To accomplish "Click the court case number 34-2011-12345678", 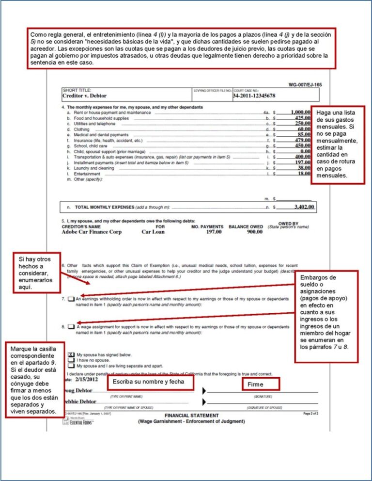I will (254, 96).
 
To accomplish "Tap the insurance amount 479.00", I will (302, 140).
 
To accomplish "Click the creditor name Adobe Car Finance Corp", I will (92, 232).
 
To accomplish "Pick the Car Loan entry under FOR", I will (153, 232).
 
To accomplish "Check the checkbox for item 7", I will (71, 299).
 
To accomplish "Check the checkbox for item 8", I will (71, 327).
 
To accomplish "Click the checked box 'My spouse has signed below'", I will (71, 354).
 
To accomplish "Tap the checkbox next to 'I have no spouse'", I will (71, 360).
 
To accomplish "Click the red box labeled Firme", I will (260, 385).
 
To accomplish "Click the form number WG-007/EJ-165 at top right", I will (305, 84).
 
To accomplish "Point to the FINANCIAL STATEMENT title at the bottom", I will (191, 416).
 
